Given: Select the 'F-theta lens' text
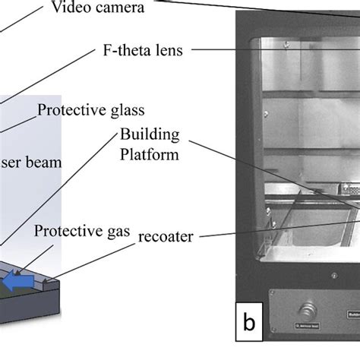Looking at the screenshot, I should tap(144, 51).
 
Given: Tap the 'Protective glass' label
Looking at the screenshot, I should tap(90, 109).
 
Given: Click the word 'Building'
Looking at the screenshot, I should tap(150, 134).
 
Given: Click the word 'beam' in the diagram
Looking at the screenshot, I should tap(44, 162).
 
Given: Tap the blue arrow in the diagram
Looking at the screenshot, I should tap(14, 282).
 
